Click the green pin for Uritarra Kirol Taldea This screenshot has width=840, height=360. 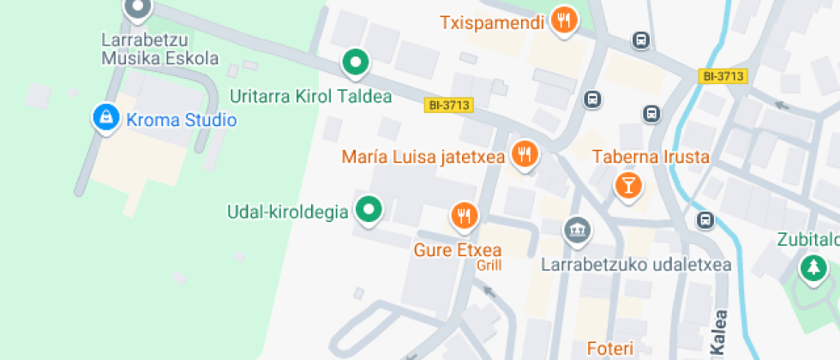tap(355, 62)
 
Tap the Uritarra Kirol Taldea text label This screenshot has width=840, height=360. tap(311, 96)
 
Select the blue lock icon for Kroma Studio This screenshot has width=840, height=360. tap(105, 118)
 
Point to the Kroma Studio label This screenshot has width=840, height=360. tap(181, 120)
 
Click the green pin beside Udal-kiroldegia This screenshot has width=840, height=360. tap(369, 208)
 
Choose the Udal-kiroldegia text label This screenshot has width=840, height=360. tap(288, 211)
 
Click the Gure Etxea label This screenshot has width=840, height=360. tap(458, 250)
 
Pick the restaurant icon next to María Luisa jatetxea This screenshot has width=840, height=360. tap(524, 154)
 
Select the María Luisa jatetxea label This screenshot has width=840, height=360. tap(422, 157)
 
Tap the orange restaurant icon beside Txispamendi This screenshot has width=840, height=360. tap(563, 21)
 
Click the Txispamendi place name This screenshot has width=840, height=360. tap(492, 22)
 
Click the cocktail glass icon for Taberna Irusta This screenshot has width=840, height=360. tap(629, 185)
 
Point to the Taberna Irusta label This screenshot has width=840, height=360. tap(651, 157)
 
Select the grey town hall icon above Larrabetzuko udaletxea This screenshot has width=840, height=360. tap(577, 231)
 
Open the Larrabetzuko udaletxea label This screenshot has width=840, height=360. tap(636, 265)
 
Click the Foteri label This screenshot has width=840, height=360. tap(609, 348)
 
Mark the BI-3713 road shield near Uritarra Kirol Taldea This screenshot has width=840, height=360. tap(448, 105)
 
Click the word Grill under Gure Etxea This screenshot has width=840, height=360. tap(489, 266)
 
